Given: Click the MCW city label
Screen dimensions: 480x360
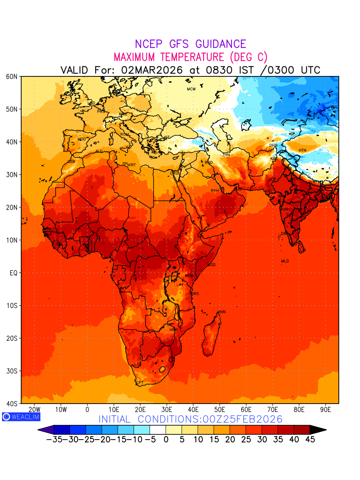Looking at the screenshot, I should click(x=191, y=89).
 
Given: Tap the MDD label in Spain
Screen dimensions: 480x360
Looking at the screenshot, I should click(x=82, y=139).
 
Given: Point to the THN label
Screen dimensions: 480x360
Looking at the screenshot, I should click(x=226, y=155).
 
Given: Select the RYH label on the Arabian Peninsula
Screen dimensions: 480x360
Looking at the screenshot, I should click(x=215, y=191).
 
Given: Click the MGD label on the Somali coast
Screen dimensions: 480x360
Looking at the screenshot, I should click(x=212, y=265).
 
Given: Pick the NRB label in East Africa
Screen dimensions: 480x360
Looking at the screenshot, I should click(x=189, y=276).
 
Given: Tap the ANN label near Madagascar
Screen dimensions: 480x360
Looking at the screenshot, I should click(x=222, y=312).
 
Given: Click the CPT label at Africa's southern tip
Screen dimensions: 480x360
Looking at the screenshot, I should click(x=140, y=383).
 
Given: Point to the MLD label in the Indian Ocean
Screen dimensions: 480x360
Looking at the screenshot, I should click(x=285, y=261).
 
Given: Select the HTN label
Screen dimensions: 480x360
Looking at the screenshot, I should click(x=302, y=150).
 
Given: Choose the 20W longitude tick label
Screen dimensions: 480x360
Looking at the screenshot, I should click(x=35, y=410).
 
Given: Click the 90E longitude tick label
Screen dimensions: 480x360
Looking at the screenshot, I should click(x=326, y=410).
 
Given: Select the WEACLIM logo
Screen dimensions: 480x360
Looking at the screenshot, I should click(x=21, y=417).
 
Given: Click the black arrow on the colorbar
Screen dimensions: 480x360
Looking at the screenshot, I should click(x=318, y=430).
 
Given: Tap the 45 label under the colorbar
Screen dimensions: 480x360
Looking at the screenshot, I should click(x=310, y=440).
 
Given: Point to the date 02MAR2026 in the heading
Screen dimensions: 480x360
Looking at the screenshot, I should click(x=152, y=70).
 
